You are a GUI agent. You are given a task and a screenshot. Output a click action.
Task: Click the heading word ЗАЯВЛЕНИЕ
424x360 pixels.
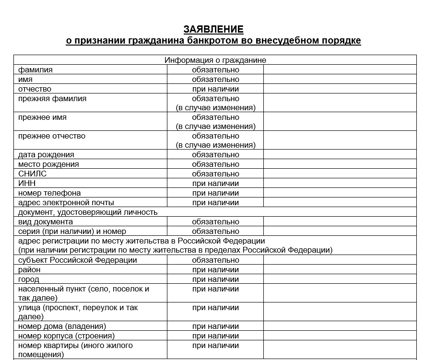click(x=213, y=29)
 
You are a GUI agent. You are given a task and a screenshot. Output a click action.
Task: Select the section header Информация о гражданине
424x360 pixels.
click(x=215, y=60)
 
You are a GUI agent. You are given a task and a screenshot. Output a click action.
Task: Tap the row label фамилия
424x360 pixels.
click(x=35, y=70)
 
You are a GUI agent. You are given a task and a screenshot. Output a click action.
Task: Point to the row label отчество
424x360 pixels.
click(x=35, y=89)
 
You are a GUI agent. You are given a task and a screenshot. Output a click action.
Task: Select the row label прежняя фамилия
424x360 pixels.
click(x=52, y=99)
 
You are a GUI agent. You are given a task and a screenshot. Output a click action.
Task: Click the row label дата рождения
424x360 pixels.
click(x=46, y=155)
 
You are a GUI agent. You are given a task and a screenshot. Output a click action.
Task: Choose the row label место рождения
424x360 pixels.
click(x=48, y=164)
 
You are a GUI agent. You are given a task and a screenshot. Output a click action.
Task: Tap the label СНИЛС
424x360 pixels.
click(x=33, y=174)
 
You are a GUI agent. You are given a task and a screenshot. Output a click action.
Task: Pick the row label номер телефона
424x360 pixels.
click(x=49, y=193)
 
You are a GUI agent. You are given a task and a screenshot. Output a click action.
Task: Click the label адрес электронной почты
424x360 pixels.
click(x=66, y=203)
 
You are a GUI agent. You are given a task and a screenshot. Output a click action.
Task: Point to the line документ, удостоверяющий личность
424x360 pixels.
click(x=88, y=212)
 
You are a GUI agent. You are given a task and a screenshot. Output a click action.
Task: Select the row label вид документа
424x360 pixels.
click(x=46, y=222)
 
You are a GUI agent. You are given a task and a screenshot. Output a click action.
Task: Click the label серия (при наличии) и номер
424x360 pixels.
click(x=72, y=232)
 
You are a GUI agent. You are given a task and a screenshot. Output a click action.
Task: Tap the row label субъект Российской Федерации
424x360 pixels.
click(x=78, y=260)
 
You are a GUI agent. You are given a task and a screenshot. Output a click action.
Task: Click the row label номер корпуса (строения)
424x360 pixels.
click(x=66, y=336)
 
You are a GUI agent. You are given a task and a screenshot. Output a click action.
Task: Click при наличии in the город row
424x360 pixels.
click(x=215, y=279)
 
